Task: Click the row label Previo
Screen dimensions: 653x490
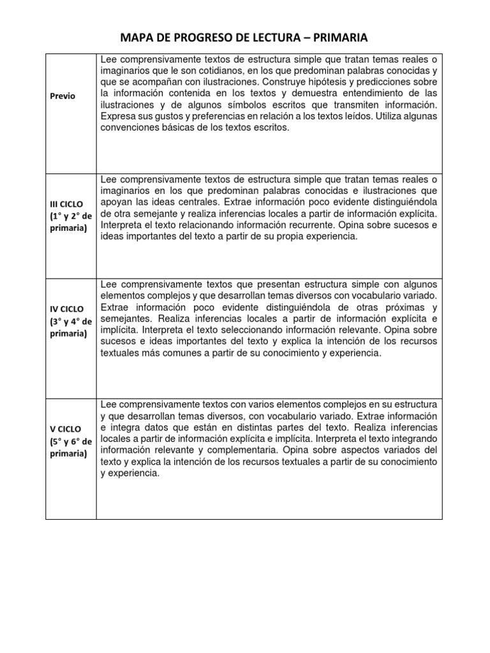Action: [62, 96]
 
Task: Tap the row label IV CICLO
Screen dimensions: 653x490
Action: [68, 309]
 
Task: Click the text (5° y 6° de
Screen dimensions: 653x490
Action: [70, 441]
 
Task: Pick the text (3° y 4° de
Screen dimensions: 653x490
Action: [70, 321]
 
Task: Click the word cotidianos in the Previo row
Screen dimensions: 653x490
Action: [216, 71]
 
